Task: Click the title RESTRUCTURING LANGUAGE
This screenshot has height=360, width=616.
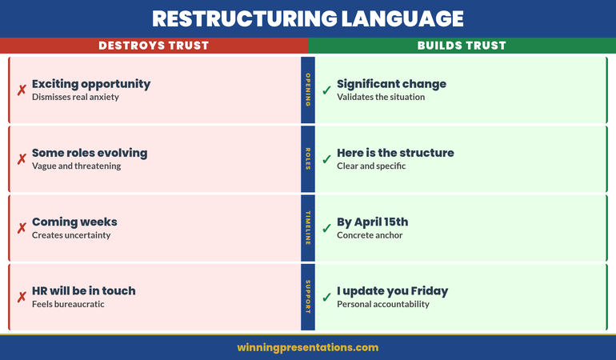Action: (x=308, y=18)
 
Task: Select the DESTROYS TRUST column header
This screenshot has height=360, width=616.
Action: (x=154, y=46)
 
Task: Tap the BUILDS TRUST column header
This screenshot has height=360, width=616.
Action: (x=462, y=46)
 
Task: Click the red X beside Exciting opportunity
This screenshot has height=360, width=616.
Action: (x=22, y=90)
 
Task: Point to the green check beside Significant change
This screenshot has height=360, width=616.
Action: (x=326, y=90)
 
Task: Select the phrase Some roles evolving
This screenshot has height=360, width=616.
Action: (x=90, y=153)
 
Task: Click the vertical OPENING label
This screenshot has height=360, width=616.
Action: (x=308, y=90)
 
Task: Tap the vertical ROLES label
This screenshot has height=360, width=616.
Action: (x=308, y=159)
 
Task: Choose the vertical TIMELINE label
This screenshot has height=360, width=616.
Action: (x=308, y=228)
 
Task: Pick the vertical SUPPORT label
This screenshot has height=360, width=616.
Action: (x=308, y=297)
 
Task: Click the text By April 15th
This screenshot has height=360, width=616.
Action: (x=373, y=222)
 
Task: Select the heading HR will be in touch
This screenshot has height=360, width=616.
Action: (x=84, y=290)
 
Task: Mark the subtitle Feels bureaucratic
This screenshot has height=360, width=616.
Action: (x=68, y=304)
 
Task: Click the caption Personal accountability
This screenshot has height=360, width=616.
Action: (x=383, y=304)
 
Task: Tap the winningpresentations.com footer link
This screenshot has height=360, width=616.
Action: (x=308, y=347)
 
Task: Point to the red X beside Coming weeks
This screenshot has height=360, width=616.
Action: (x=22, y=228)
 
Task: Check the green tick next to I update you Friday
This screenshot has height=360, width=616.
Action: (x=326, y=297)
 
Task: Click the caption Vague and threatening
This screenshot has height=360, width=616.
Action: (x=76, y=166)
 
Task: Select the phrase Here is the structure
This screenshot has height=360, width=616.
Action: (x=395, y=153)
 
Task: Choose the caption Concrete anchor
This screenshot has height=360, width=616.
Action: (x=370, y=235)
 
